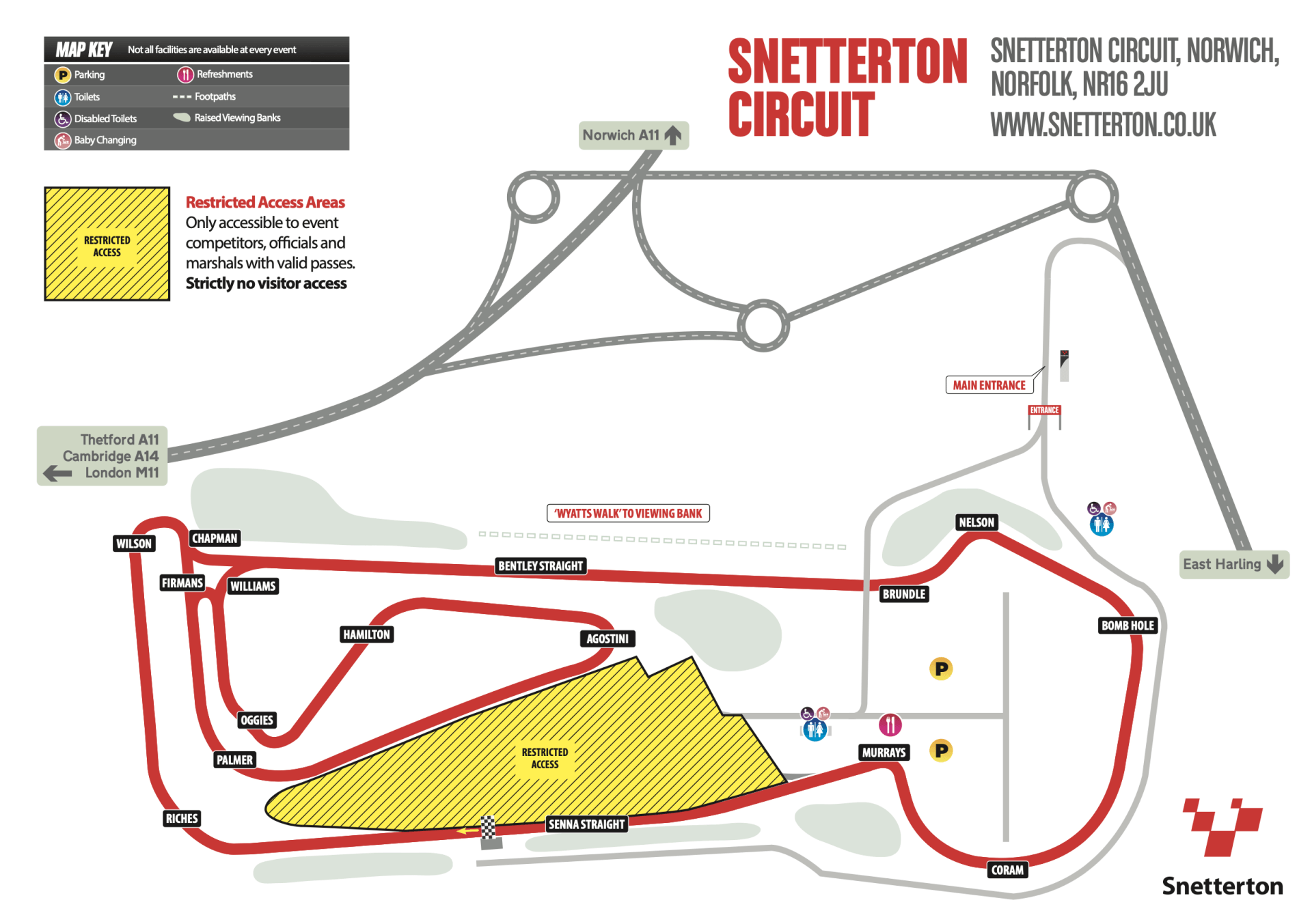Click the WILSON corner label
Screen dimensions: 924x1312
pos(134,544)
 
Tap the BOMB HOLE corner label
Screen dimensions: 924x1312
pos(1127,626)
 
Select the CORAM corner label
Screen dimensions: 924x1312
pos(1007,870)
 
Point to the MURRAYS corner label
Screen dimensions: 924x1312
pos(884,753)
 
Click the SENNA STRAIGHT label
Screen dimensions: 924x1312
pos(586,824)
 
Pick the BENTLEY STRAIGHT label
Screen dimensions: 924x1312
pos(541,566)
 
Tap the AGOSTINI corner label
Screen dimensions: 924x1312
pos(607,639)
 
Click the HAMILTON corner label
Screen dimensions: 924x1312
pos(366,634)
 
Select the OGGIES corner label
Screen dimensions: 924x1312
pos(257,720)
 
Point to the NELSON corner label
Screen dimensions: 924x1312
pos(976,522)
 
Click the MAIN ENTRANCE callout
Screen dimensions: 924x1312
pos(989,385)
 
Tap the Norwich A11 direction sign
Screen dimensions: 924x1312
pos(633,135)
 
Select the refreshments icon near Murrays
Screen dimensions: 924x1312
pos(890,725)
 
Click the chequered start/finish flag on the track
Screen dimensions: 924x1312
pos(488,828)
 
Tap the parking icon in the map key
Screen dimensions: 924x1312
pos(63,75)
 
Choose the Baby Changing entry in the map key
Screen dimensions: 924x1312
pos(105,140)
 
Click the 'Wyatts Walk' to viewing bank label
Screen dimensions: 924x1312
pos(628,514)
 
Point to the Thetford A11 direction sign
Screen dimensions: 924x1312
pos(102,456)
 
